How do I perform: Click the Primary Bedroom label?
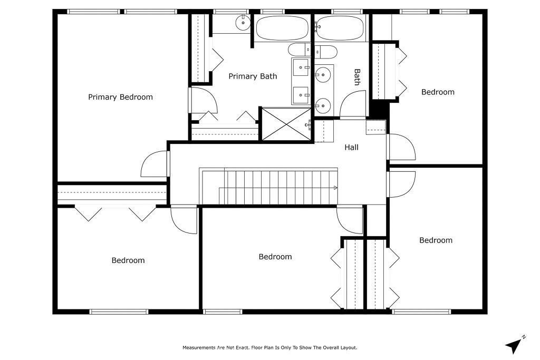click(120, 97)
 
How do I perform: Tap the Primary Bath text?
click(253, 76)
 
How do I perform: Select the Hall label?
click(351, 147)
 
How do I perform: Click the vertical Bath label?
click(357, 77)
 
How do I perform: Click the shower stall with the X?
click(286, 124)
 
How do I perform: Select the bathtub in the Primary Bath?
click(282, 28)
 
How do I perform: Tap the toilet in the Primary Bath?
click(300, 50)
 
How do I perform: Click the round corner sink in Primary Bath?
click(243, 23)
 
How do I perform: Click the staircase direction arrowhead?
click(335, 188)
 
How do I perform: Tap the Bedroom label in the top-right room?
click(438, 92)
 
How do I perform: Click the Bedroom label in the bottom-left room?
click(128, 260)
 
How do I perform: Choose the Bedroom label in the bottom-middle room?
click(275, 256)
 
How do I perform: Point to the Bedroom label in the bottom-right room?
click(436, 240)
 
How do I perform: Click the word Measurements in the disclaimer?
click(199, 347)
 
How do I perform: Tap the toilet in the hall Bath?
click(326, 52)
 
